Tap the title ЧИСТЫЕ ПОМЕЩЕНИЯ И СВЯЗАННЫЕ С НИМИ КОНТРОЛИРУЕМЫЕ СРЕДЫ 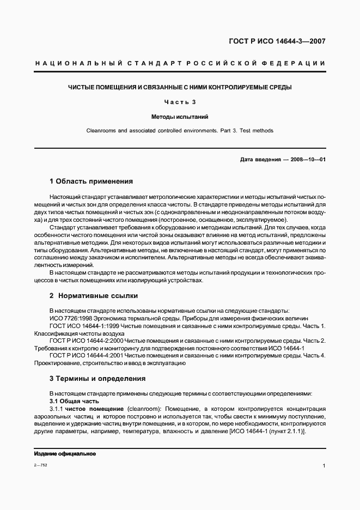click(x=180, y=87)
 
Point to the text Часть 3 click(x=180, y=102)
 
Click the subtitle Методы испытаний click(x=180, y=117)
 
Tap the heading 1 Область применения click(x=91, y=181)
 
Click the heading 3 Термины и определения click(x=97, y=378)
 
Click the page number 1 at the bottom click(x=324, y=466)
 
